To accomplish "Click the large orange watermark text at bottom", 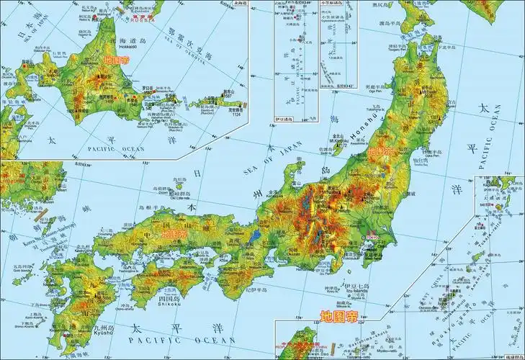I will point(338,316).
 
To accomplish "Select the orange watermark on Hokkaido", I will point(117,62).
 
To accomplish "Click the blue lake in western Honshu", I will point(256,234).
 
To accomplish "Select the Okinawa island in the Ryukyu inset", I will point(478,256).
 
